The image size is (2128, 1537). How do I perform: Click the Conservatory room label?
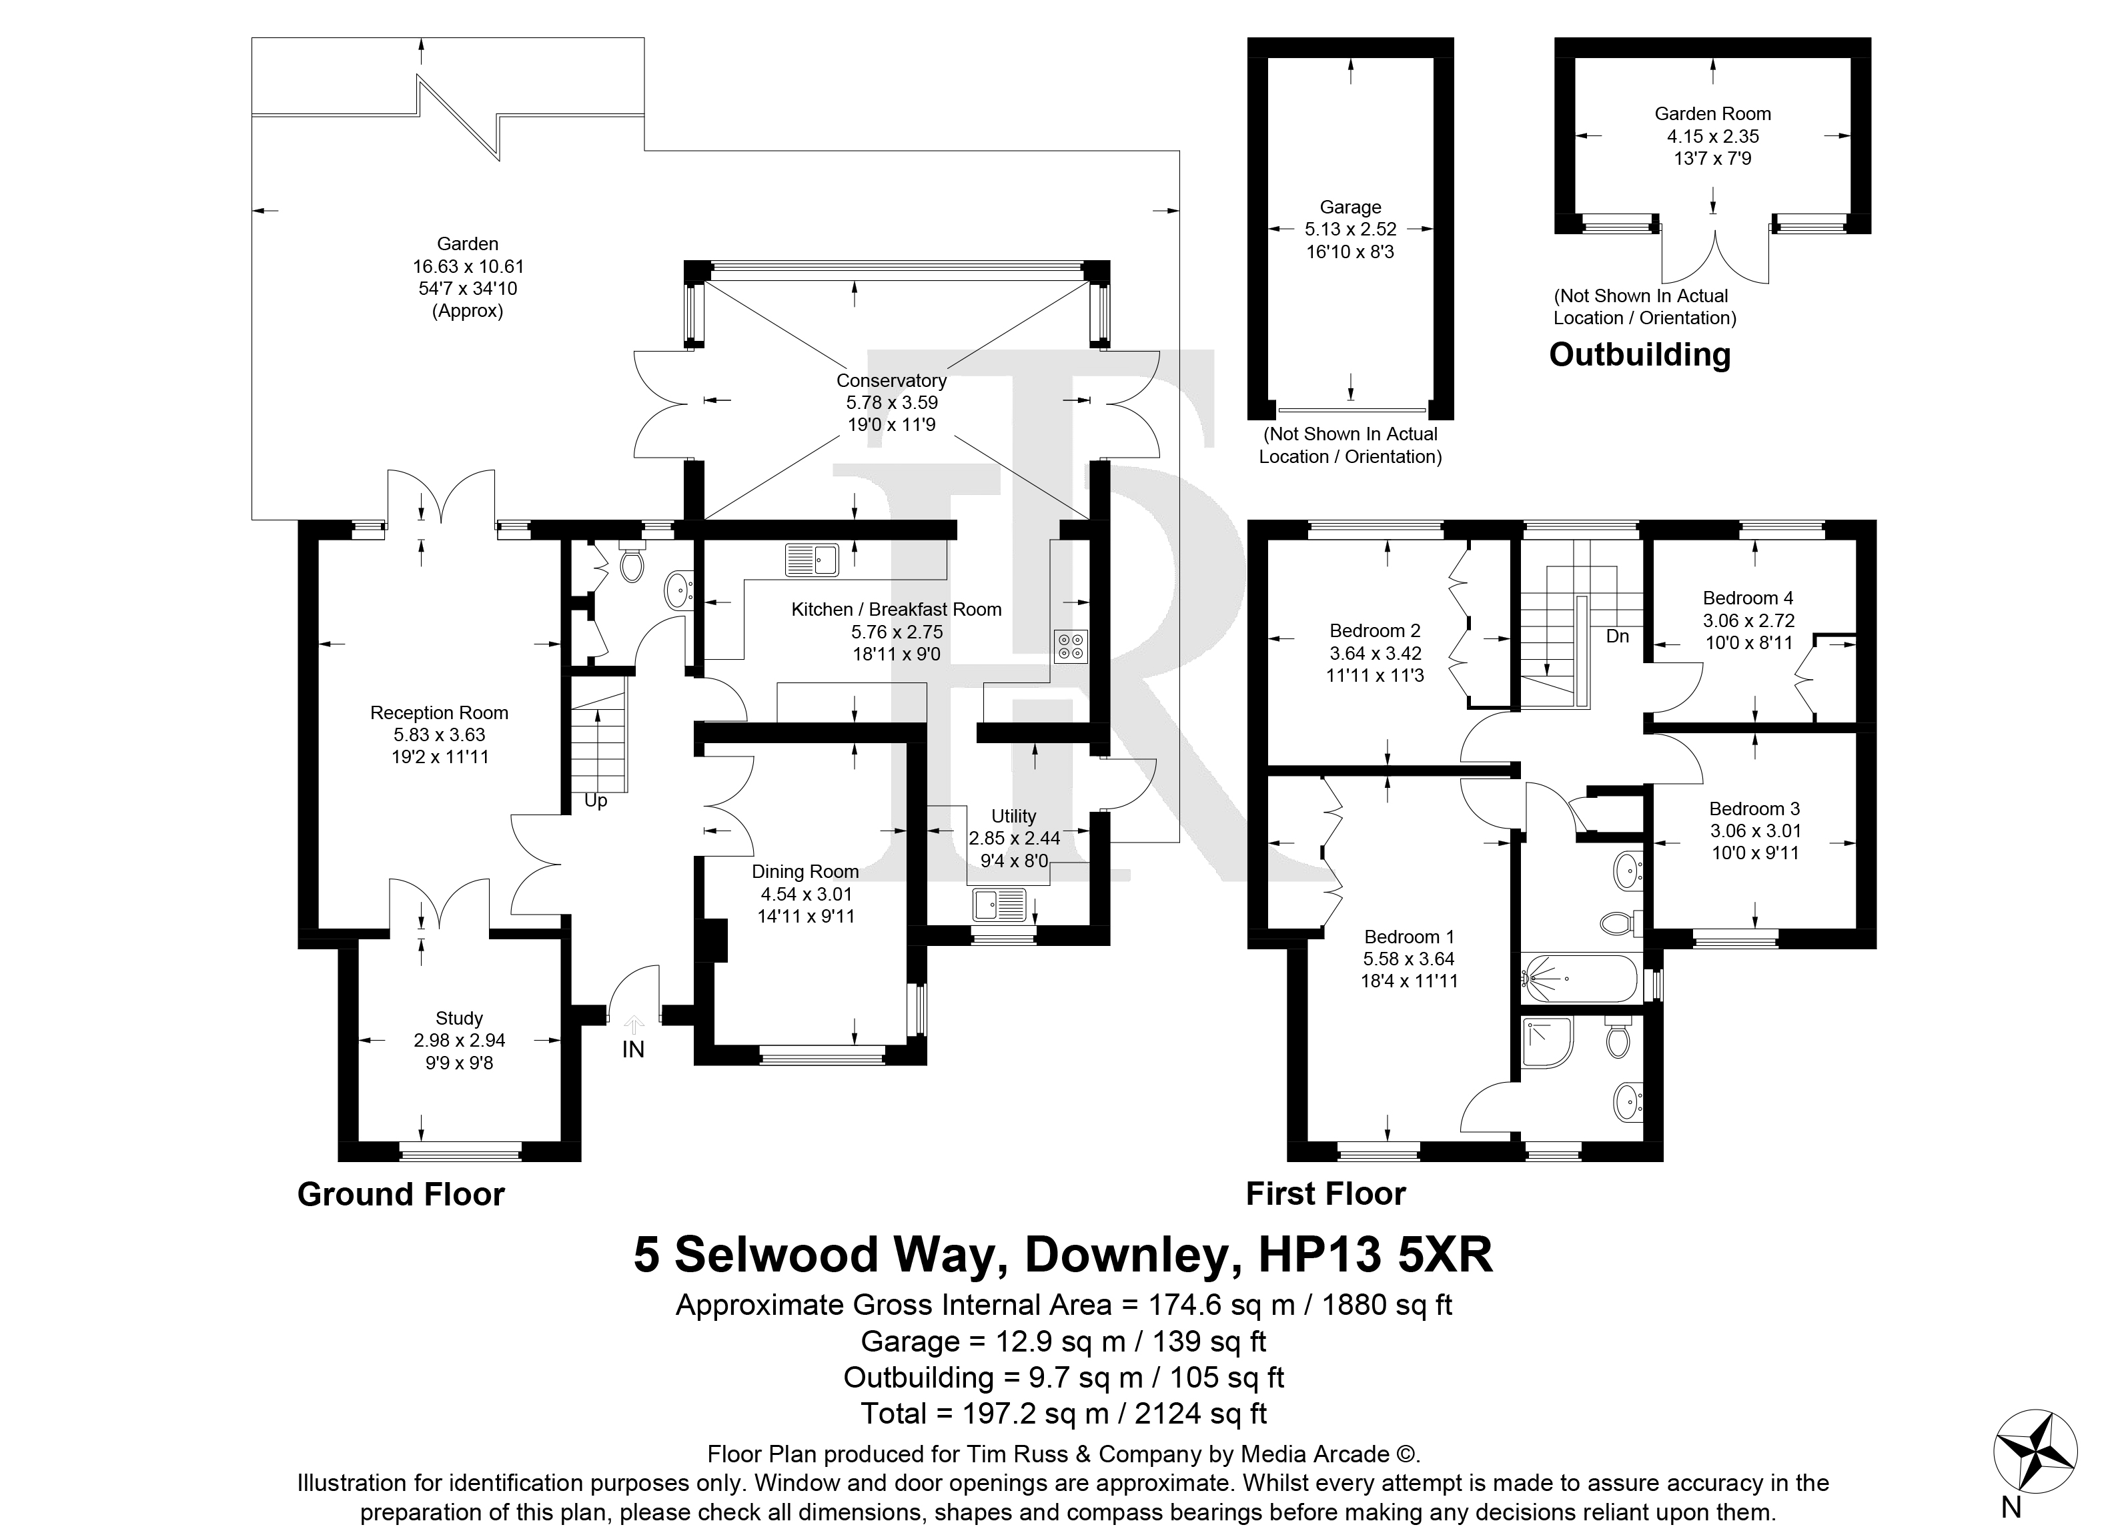tap(891, 380)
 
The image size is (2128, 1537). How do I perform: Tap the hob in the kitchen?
tap(1069, 646)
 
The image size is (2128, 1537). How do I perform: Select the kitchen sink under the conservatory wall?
tap(812, 559)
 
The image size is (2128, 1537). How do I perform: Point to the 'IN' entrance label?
tap(633, 1049)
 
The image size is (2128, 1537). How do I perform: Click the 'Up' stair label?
tap(596, 801)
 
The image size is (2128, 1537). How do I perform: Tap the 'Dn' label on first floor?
tap(1618, 636)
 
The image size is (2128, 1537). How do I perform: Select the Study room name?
tap(459, 1018)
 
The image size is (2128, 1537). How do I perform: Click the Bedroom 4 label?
tap(1748, 598)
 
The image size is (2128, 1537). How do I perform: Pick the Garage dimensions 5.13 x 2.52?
tap(1350, 229)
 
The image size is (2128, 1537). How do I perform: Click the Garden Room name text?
tap(1712, 113)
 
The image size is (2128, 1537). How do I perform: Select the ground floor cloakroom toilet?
tap(632, 563)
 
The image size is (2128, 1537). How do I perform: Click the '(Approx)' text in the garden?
tap(467, 311)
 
